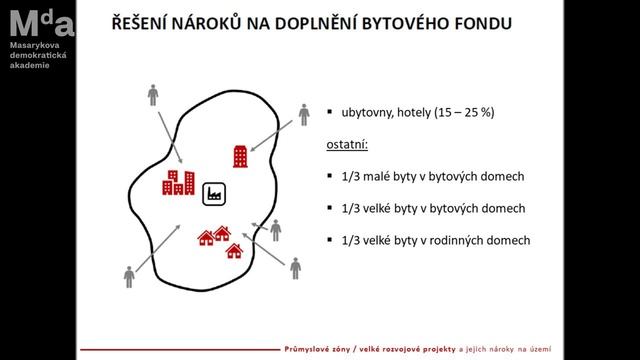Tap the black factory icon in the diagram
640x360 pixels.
coord(213,194)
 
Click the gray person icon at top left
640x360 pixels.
coord(153,96)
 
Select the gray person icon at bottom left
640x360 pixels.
coord(129,275)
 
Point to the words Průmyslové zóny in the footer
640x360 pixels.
coord(319,349)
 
